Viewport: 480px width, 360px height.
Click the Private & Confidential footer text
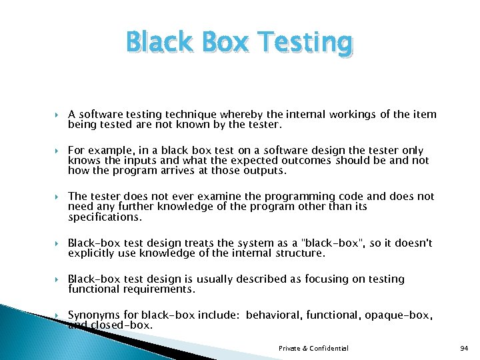coord(313,348)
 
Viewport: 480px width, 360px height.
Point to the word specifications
coord(104,217)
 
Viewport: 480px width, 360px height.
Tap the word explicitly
coord(93,253)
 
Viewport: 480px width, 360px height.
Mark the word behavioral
coord(274,315)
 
